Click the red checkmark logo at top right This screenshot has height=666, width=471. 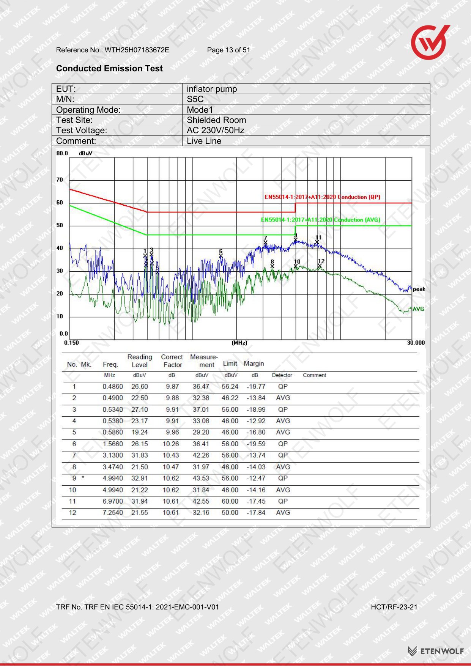click(x=430, y=42)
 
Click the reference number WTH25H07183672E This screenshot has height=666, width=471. click(x=137, y=50)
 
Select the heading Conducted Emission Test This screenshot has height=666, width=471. click(x=109, y=68)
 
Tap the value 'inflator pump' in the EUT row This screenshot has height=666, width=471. click(x=212, y=89)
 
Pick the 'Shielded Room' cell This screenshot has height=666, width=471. click(x=216, y=120)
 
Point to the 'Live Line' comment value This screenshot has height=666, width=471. click(x=204, y=141)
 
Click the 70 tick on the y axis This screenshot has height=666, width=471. click(x=60, y=180)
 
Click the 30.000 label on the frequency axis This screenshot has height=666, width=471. click(x=416, y=343)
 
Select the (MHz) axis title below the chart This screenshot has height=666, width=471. click(x=239, y=343)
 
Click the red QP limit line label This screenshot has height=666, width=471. click(x=322, y=197)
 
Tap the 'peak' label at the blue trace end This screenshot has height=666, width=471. click(x=419, y=289)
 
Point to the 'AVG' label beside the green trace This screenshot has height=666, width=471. click(x=418, y=309)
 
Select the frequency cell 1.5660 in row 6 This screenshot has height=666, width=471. click(x=113, y=444)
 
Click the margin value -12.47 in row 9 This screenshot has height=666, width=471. click(x=256, y=479)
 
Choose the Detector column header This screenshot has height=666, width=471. click(x=282, y=375)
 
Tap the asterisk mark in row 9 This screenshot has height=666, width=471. click(x=83, y=478)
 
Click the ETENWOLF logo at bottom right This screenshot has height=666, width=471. click(x=436, y=651)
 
